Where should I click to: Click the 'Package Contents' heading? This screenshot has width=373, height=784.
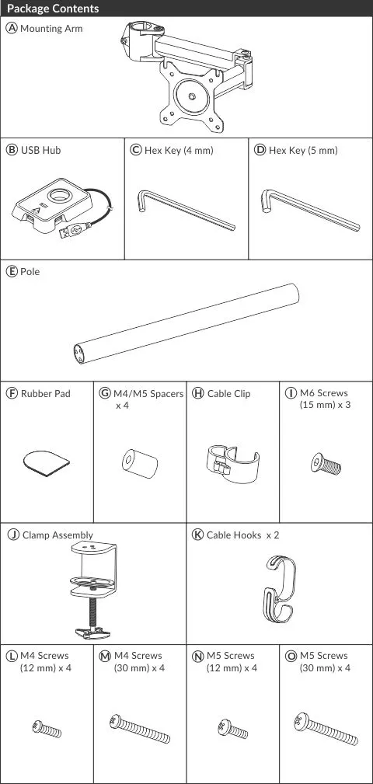pos(53,9)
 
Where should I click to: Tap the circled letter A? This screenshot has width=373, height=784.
pos(12,29)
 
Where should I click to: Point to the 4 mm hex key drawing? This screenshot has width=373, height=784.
pos(186,210)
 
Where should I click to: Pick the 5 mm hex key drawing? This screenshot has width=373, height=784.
pos(310,210)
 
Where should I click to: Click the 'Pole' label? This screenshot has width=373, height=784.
pos(30,271)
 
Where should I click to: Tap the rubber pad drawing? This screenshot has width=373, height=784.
pos(47,464)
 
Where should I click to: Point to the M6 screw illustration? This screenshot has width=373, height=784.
pos(326,464)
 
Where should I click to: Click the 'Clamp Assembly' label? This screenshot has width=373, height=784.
pos(58,535)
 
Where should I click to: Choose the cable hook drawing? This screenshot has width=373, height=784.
pos(280,588)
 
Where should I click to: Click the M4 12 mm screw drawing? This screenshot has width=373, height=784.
pos(47,729)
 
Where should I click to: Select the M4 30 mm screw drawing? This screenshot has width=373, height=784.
pos(140,729)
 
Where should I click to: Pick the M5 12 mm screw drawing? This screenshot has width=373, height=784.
pos(232,729)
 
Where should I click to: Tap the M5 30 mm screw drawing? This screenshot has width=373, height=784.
pos(326,729)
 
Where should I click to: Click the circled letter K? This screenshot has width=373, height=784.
pos(198,535)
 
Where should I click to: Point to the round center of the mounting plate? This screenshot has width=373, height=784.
pos(192,95)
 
